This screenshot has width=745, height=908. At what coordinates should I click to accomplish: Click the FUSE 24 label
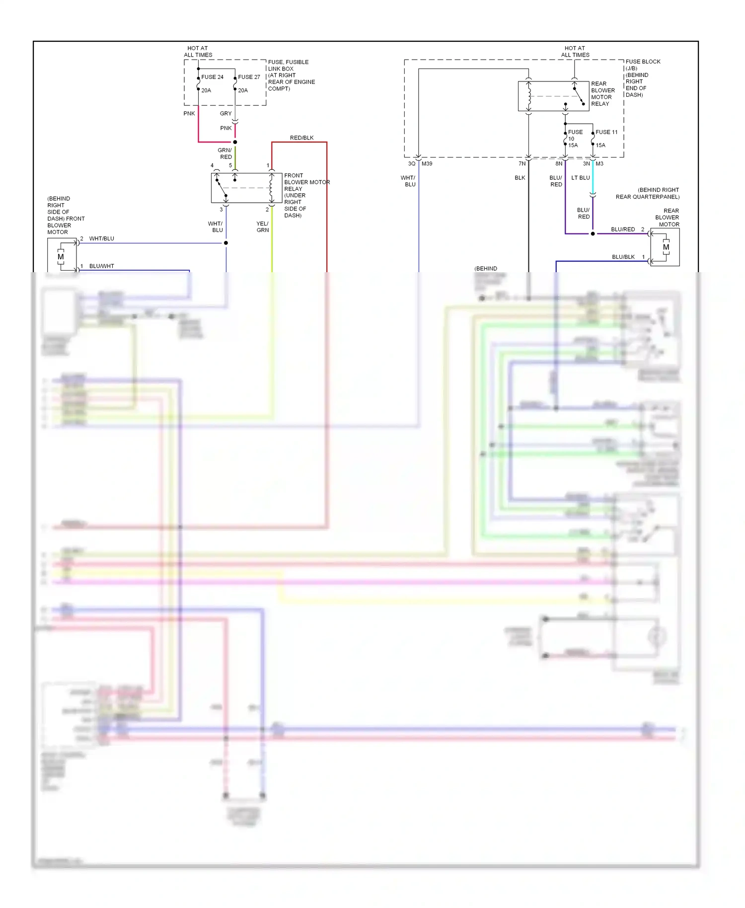[x=212, y=77]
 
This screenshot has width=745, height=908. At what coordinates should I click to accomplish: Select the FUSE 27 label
[x=249, y=77]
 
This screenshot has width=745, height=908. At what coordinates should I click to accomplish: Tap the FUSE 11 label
[x=606, y=132]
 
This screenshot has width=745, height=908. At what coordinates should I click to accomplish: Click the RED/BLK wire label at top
[x=301, y=138]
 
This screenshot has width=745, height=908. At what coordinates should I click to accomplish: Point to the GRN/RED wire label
[x=225, y=153]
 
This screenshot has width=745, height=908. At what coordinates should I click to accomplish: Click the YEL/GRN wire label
[x=262, y=227]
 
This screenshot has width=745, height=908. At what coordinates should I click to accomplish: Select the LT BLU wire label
[x=580, y=178]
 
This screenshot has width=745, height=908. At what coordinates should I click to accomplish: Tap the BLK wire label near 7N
[x=520, y=178]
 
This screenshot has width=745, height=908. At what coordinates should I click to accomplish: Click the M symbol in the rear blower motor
[x=666, y=247]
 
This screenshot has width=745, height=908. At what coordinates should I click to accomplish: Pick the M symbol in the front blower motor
[x=61, y=257]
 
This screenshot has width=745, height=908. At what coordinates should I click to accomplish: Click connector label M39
[x=427, y=163]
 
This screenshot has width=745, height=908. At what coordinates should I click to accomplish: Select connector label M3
[x=599, y=163]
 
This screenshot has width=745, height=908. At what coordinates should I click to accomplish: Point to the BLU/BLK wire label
[x=623, y=257]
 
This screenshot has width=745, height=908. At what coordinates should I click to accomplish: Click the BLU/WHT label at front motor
[x=101, y=266]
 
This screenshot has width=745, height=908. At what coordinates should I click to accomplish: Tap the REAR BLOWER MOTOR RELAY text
[x=602, y=94]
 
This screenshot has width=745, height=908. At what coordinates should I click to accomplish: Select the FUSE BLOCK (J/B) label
[x=643, y=65]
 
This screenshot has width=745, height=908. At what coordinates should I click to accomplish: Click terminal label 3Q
[x=411, y=163]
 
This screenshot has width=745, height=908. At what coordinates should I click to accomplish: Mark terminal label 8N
[x=559, y=163]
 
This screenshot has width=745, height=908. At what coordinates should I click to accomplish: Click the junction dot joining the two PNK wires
[x=235, y=142]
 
